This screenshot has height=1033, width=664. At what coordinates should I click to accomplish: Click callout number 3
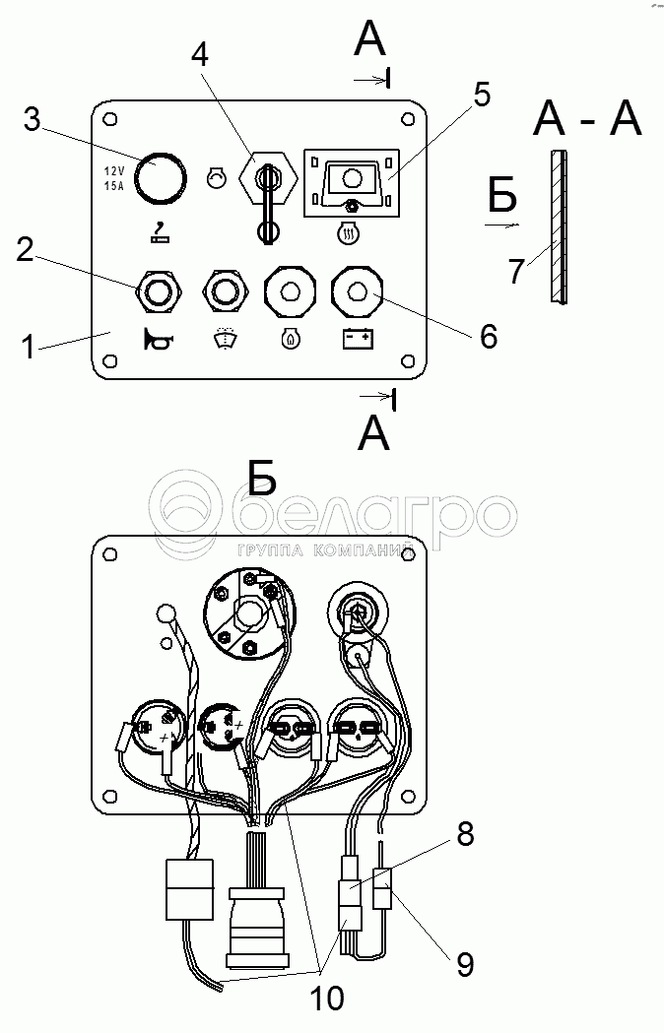click(32, 121)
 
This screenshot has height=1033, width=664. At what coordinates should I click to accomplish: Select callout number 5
click(481, 97)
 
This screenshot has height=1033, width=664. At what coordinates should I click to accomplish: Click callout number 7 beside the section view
click(516, 271)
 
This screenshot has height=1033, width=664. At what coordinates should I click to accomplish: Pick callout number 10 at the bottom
click(328, 999)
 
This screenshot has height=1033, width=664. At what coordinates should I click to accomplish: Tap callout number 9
click(463, 964)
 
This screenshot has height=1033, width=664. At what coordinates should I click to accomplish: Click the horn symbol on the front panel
click(158, 341)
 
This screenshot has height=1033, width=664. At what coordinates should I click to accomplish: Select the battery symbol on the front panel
click(357, 340)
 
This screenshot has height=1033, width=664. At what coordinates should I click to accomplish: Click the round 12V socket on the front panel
click(160, 177)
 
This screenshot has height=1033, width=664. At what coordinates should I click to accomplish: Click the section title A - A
click(587, 120)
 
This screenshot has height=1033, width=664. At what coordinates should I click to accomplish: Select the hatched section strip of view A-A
click(559, 226)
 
